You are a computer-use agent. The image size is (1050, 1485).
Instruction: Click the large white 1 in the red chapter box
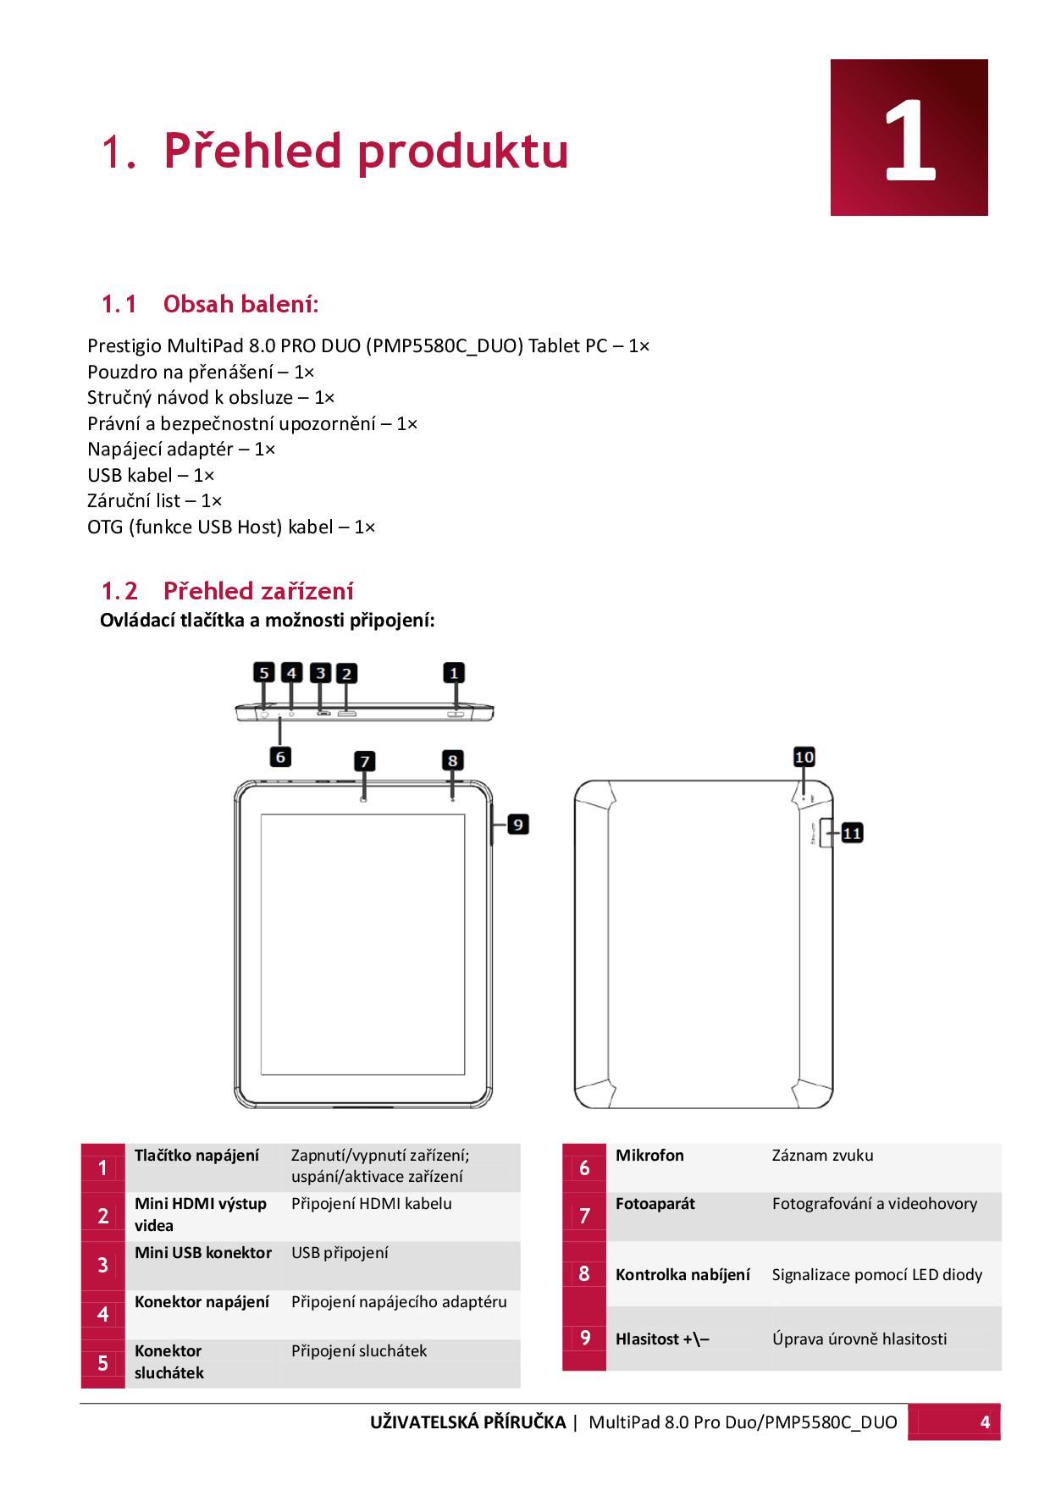pyautogui.click(x=910, y=140)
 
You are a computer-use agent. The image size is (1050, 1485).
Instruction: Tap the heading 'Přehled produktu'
pyautogui.click(x=365, y=151)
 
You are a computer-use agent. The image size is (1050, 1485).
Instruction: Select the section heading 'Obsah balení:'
pyautogui.click(x=240, y=303)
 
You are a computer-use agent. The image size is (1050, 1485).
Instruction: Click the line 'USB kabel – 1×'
pyautogui.click(x=151, y=475)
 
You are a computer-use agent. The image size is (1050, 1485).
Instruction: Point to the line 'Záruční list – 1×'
pyautogui.click(x=155, y=500)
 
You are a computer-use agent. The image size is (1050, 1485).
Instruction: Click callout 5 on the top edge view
pyautogui.click(x=264, y=673)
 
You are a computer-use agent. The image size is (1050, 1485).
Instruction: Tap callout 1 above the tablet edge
pyautogui.click(x=454, y=673)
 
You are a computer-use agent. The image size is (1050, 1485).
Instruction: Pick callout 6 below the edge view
pyautogui.click(x=280, y=756)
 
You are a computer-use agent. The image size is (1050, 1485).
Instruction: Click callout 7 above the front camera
pyautogui.click(x=364, y=761)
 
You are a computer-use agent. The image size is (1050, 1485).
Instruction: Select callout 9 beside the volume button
pyautogui.click(x=517, y=823)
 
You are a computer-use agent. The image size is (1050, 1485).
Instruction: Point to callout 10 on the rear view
pyautogui.click(x=804, y=757)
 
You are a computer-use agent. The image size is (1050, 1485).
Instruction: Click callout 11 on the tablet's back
pyautogui.click(x=851, y=833)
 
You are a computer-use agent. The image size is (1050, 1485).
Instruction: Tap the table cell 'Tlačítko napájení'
pyautogui.click(x=196, y=1156)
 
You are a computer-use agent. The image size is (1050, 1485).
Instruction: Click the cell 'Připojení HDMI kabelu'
pyautogui.click(x=371, y=1204)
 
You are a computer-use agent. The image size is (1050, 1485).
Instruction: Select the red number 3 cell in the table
pyautogui.click(x=102, y=1265)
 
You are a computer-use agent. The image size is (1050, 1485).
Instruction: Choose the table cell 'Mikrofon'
pyautogui.click(x=649, y=1156)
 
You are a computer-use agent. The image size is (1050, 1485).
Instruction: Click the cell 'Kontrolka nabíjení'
pyautogui.click(x=682, y=1274)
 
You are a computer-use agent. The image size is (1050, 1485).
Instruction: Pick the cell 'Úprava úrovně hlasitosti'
pyautogui.click(x=859, y=1339)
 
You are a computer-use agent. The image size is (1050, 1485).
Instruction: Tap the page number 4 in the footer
pyautogui.click(x=984, y=1422)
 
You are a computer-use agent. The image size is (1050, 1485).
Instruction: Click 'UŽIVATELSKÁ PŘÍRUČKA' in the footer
pyautogui.click(x=467, y=1422)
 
